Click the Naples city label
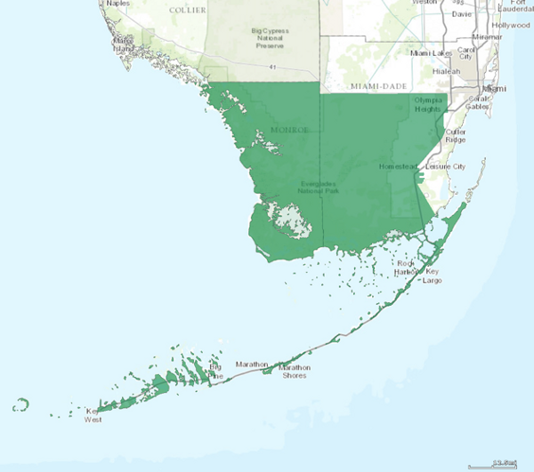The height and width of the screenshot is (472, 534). pos(117,4)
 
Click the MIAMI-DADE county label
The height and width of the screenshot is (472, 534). pos(378,85)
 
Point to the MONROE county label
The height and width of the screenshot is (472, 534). pos(289,130)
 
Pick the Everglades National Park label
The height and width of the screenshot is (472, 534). pos(319,187)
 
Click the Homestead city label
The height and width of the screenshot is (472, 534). pos(397,166)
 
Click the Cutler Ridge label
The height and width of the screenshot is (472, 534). pos(455,135)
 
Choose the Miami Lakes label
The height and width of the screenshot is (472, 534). pos(431,53)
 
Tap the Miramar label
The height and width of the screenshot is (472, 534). pos(487,37)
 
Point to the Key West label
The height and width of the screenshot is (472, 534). pos(93,415)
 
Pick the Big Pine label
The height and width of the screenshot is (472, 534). pos(214,371)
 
